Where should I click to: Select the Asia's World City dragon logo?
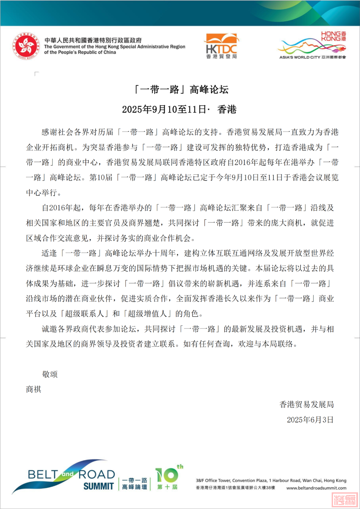(x=312, y=46)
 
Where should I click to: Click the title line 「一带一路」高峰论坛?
(x=181, y=90)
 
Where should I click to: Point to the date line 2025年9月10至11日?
(x=179, y=109)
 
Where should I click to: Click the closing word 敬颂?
(x=50, y=374)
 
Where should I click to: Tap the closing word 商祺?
(x=34, y=389)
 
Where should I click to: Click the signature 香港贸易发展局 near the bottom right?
(x=306, y=405)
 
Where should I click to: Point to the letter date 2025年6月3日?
(x=310, y=420)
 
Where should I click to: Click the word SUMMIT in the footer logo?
(x=99, y=486)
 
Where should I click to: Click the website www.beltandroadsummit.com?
(x=316, y=488)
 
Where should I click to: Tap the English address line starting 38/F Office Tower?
(x=271, y=481)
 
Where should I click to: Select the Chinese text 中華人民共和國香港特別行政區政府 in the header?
(x=93, y=40)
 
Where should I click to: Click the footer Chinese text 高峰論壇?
(x=134, y=487)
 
